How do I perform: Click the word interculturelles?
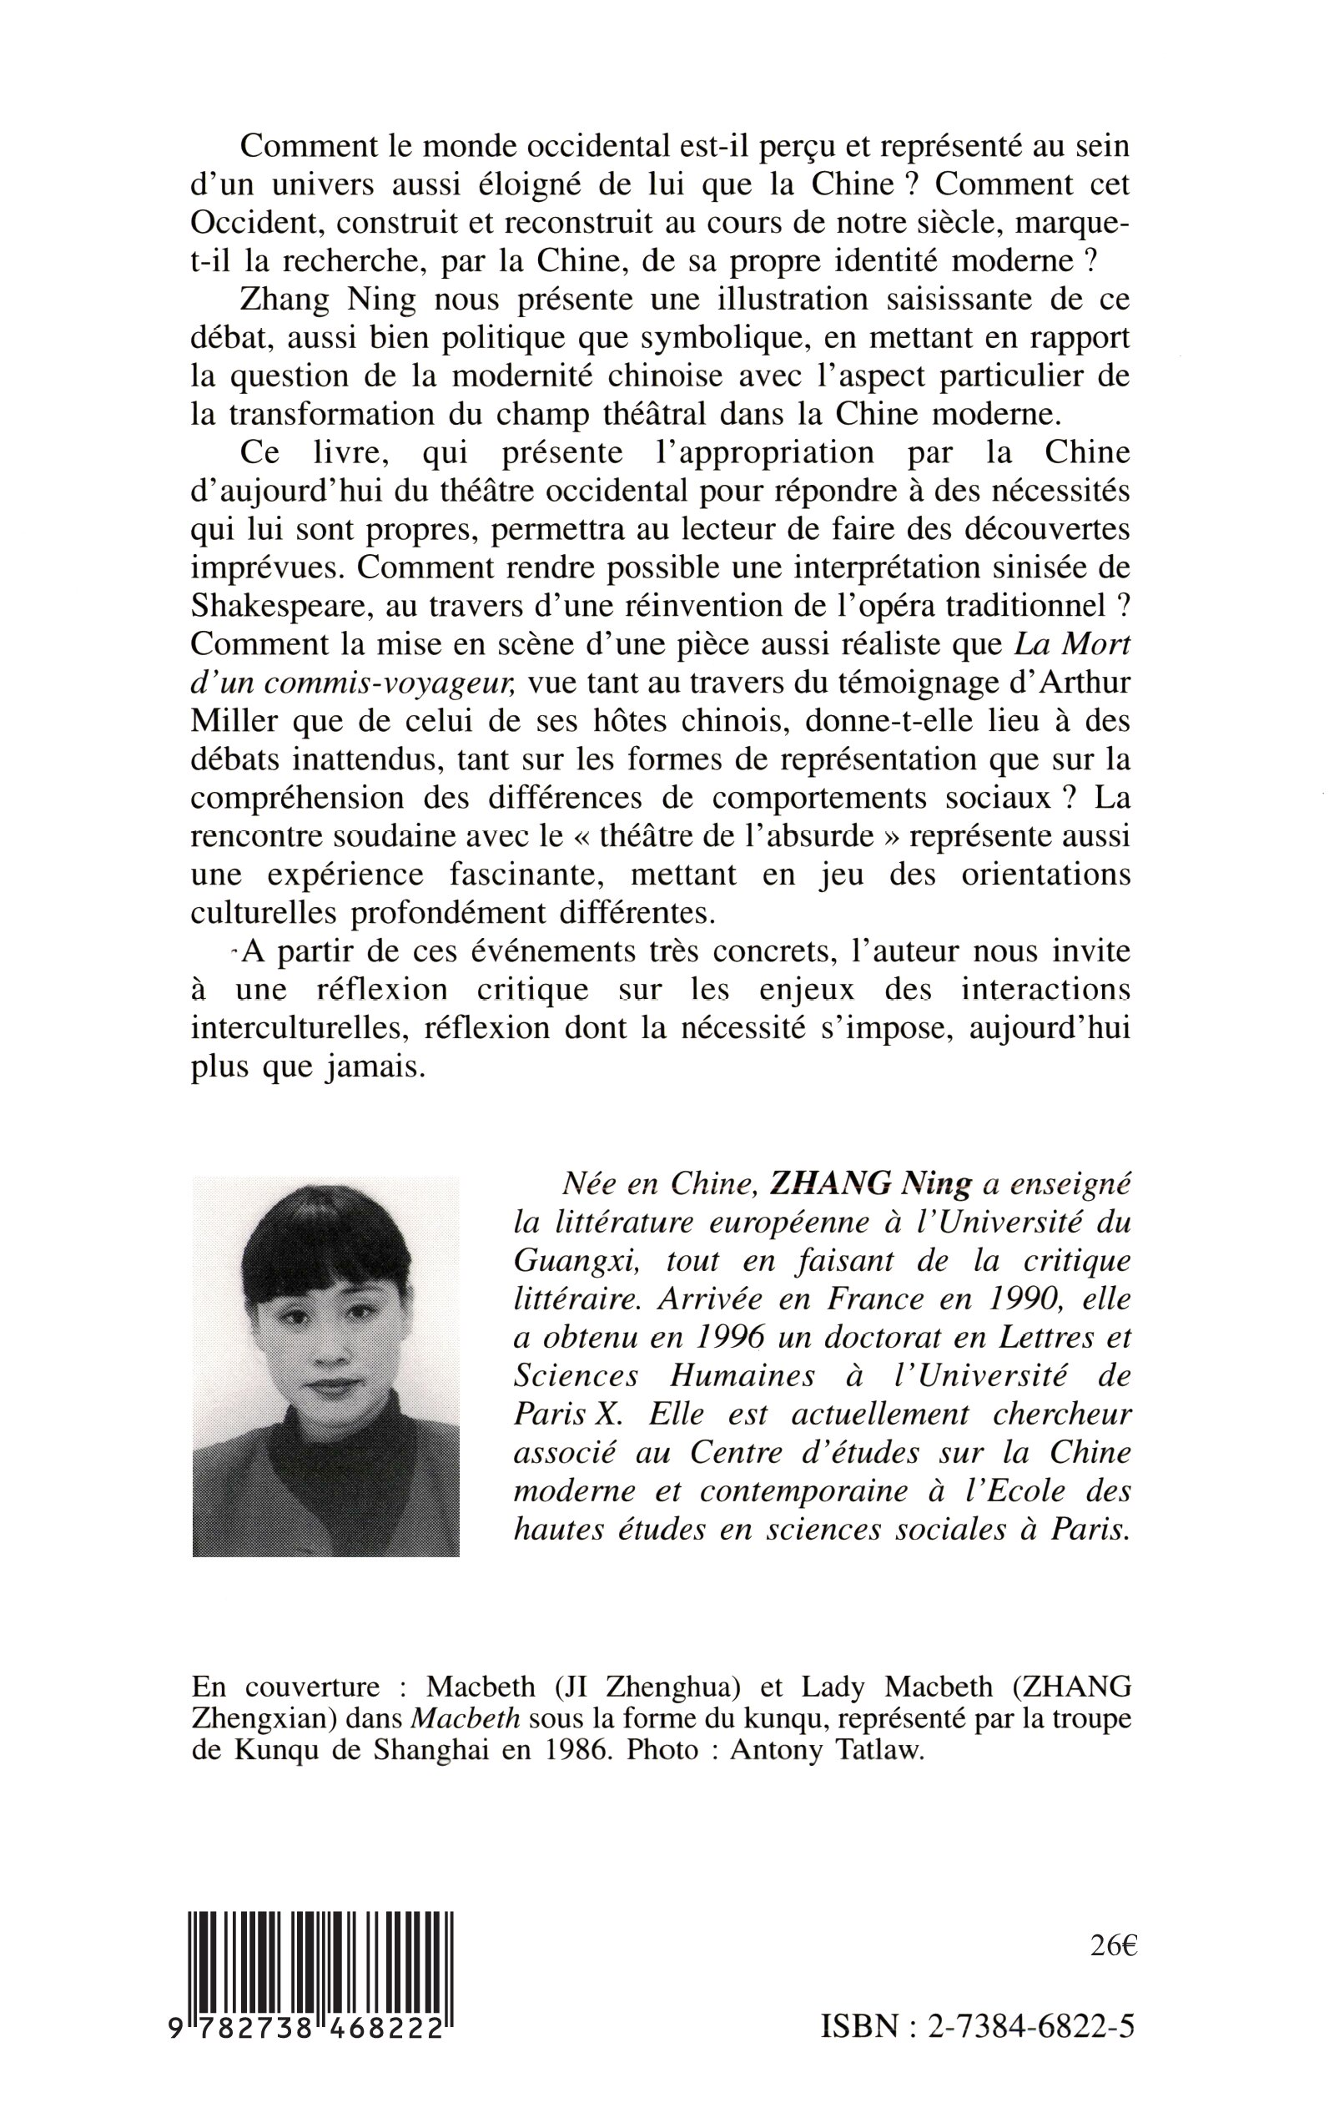pyautogui.click(x=299, y=1030)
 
